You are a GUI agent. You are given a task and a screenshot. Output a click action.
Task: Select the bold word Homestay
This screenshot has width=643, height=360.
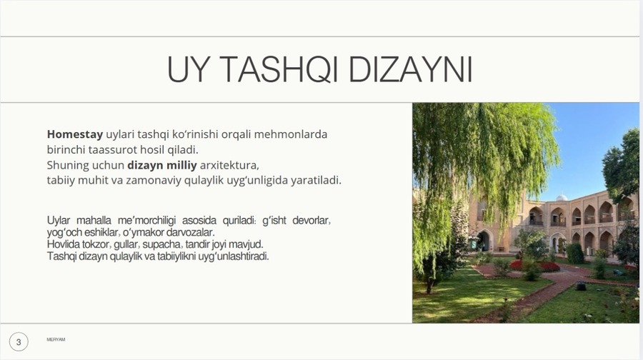click(x=75, y=134)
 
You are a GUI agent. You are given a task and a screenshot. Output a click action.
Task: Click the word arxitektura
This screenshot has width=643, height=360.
click(x=229, y=165)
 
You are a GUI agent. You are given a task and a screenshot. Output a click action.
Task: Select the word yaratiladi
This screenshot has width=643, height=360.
click(x=316, y=181)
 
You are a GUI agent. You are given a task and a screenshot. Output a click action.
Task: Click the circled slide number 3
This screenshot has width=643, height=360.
click(x=19, y=342)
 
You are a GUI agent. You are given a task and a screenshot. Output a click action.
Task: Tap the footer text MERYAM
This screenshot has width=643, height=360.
click(x=56, y=339)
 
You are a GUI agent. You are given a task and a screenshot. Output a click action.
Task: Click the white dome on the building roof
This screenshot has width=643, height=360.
click(x=562, y=198)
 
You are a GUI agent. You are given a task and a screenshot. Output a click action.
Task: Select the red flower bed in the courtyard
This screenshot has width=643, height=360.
click(x=535, y=266)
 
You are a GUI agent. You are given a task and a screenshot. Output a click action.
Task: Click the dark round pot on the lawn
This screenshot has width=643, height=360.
click(x=581, y=286)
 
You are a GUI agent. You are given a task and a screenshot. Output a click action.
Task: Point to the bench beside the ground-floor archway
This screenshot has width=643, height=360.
click(x=501, y=249)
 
